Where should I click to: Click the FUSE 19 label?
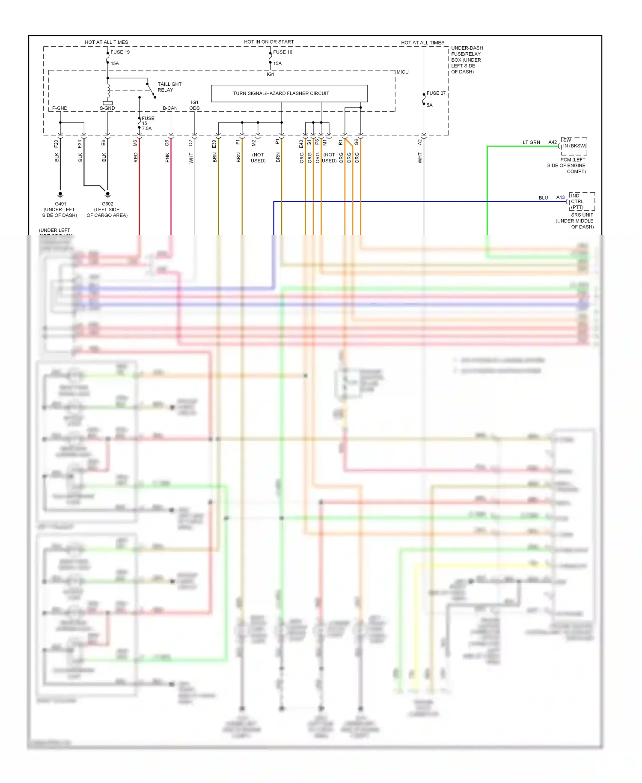[x=120, y=52]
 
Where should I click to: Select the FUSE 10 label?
[x=282, y=52]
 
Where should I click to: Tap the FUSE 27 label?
[x=436, y=93]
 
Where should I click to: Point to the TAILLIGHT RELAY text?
[x=169, y=87]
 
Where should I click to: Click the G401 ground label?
[x=60, y=204]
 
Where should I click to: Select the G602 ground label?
[x=107, y=204]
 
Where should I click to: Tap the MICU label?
[x=402, y=72]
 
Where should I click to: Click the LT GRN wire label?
[x=531, y=142]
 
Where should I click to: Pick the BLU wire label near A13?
[x=543, y=198]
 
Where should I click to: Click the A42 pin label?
[x=553, y=142]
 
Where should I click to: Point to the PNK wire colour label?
[x=167, y=158]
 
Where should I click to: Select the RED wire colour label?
[x=136, y=158]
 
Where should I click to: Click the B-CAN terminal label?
[x=170, y=108]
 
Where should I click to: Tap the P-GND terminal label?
[x=59, y=108]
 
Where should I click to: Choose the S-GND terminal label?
[x=107, y=108]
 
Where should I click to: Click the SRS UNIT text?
[x=582, y=215]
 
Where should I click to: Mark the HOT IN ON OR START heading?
[x=269, y=42]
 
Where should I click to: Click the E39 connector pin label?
[x=214, y=144]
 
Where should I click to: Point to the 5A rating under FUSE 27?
[x=429, y=105]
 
